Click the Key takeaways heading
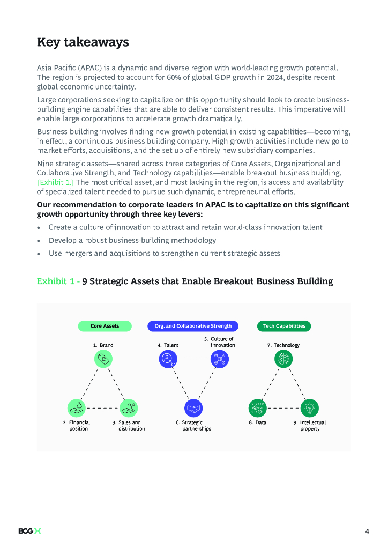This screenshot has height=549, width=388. coord(83,42)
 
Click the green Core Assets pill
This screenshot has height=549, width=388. coord(105,326)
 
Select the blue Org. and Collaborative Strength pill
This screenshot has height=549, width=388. coord(193,326)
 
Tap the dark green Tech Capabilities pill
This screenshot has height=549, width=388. coord(284,326)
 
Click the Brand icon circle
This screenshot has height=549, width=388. coord(103,359)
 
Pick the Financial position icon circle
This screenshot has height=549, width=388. coord(77,408)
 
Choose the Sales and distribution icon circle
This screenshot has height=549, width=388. coord(129,408)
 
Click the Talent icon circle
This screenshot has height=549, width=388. coord(168,359)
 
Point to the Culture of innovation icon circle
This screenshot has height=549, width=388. coord(220,359)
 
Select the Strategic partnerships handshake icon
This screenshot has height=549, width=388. coord(193,408)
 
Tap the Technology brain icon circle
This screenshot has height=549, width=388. coord(283,359)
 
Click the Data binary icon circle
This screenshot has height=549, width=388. coord(257,408)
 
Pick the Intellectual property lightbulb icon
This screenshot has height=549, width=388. coord(309,408)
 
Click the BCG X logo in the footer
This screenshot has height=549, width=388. coord(29,531)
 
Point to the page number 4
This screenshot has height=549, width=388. coord(367,531)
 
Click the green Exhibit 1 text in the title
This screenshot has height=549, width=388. coord(56,281)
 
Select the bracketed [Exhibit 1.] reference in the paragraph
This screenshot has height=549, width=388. coord(56,182)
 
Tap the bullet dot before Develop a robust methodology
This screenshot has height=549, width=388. coord(39,241)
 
